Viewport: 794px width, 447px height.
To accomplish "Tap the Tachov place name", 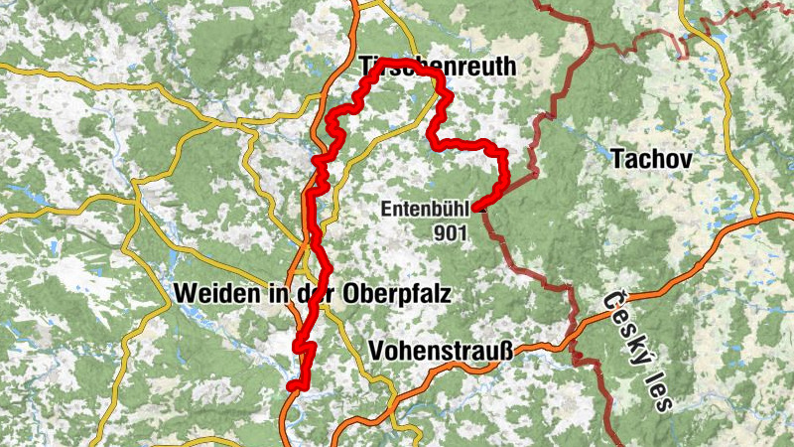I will point(651,158).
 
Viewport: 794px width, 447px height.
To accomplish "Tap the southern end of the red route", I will point(292,386).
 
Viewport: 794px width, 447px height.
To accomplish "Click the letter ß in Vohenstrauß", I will point(501,351).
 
